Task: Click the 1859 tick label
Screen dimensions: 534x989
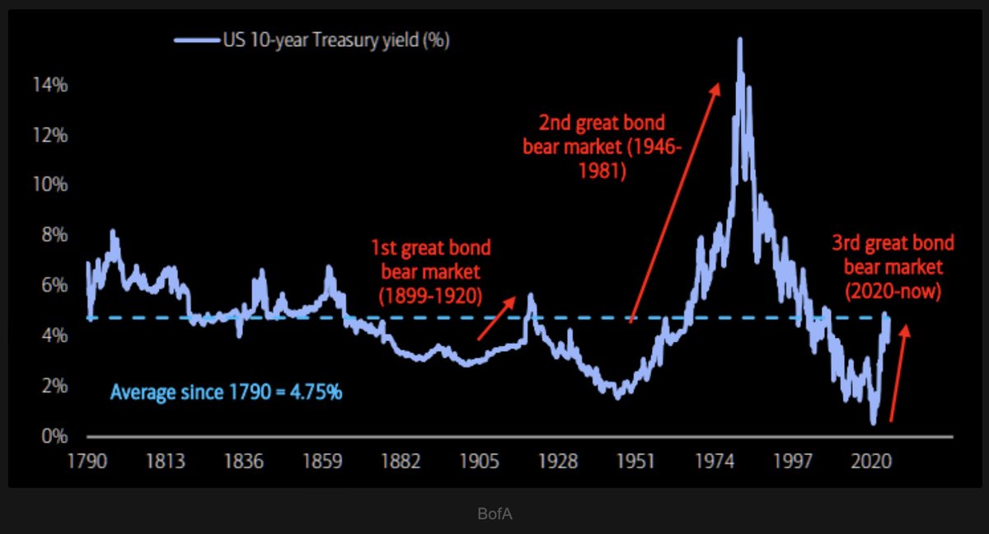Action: [x=323, y=461]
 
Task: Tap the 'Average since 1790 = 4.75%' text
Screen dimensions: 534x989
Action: [x=226, y=392]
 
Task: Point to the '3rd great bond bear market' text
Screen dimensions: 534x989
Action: [x=893, y=266]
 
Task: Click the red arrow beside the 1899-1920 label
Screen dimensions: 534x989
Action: [x=497, y=318]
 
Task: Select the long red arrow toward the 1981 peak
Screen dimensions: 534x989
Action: [x=674, y=202]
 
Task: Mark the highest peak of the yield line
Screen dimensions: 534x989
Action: [x=739, y=39]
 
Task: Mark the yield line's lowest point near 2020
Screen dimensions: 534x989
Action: [x=873, y=423]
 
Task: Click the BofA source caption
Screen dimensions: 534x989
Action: [x=494, y=514]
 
